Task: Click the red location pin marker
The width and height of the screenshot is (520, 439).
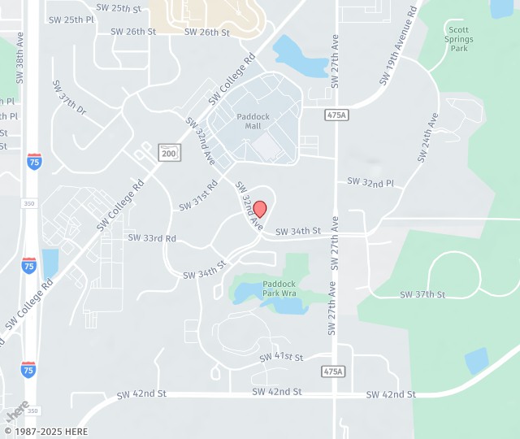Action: tap(260, 209)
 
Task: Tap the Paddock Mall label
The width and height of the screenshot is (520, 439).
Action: tap(253, 121)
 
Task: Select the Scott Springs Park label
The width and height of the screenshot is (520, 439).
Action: tap(458, 39)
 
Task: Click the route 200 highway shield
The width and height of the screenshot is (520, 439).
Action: tap(169, 152)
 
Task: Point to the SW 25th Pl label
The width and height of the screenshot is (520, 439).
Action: tap(71, 19)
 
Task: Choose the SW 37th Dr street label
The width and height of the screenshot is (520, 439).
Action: tap(69, 97)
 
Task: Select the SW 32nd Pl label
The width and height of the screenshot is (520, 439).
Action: tap(370, 183)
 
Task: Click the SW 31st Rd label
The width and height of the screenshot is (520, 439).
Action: tap(199, 195)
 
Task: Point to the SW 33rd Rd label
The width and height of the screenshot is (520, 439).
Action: tap(152, 238)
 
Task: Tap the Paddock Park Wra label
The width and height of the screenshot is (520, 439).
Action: tap(279, 289)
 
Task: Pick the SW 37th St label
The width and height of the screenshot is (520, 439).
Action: tap(422, 294)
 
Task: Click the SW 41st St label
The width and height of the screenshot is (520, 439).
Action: tap(281, 357)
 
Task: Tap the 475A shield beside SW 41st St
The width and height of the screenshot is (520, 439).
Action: tap(333, 372)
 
